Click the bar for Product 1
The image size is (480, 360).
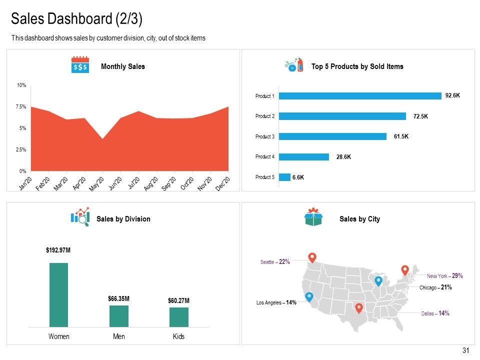click(360, 96)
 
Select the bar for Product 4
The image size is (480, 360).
click(304, 157)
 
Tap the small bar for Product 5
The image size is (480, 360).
click(284, 177)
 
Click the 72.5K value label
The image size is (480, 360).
click(420, 116)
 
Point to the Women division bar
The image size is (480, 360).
click(58, 294)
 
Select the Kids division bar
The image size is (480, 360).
click(178, 317)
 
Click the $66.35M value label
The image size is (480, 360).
click(118, 298)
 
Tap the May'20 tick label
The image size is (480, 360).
click(96, 183)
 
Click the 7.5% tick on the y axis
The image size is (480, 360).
click(21, 107)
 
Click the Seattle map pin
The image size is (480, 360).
click(312, 258)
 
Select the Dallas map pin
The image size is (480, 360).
click(358, 308)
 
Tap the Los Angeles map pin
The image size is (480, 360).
click(309, 297)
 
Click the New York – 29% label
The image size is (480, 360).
click(444, 275)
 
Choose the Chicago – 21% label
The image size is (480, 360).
click(435, 287)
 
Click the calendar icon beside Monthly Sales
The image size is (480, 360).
click(80, 65)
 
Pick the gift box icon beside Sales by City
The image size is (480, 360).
click(313, 217)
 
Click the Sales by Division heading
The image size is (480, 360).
click(123, 219)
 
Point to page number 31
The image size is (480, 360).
click(466, 350)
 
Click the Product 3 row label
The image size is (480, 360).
click(264, 136)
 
